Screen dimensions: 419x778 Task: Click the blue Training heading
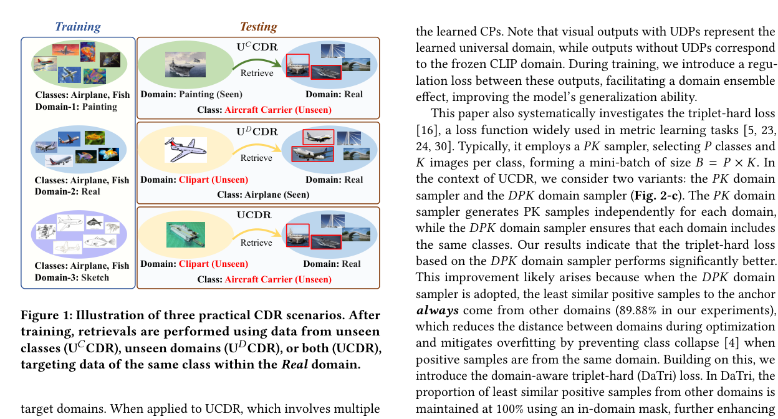tap(78, 26)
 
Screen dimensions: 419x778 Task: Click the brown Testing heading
tap(258, 26)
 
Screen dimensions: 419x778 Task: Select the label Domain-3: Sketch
tap(72, 277)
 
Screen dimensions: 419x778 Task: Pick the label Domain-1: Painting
tap(75, 107)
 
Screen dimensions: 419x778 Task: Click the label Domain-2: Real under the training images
tap(67, 191)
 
